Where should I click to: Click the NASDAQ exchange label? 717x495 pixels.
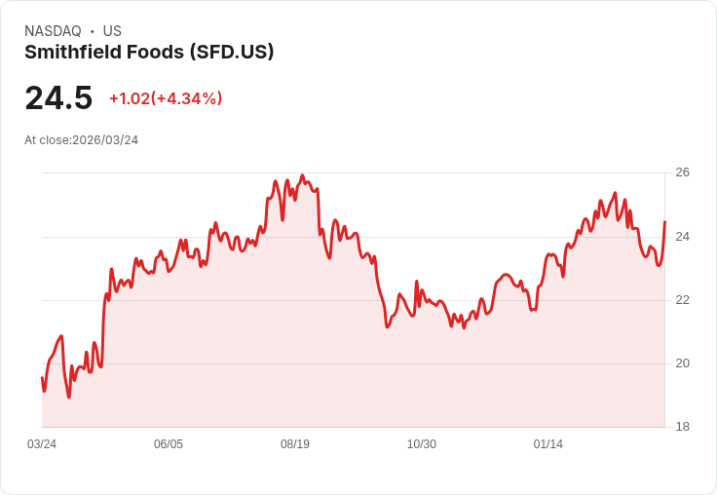pos(53,31)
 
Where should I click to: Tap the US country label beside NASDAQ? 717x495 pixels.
pos(112,31)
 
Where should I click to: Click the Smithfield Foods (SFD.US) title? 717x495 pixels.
pos(149,53)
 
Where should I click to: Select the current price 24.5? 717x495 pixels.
pos(58,98)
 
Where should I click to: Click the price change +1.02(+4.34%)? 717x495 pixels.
pos(166,98)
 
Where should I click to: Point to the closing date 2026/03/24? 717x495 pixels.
pos(105,140)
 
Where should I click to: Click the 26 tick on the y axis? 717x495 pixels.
pos(682,172)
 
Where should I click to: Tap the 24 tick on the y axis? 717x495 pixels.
pos(682,237)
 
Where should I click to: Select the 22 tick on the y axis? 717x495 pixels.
pos(682,300)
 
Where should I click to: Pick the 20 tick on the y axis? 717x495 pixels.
pos(682,363)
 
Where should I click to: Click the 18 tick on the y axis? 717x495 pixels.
pos(682,427)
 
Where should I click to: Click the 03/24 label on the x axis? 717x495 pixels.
pos(42,444)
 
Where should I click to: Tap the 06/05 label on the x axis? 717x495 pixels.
pos(169,444)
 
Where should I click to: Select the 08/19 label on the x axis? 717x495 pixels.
pos(295,444)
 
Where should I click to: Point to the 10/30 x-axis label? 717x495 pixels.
pos(422,444)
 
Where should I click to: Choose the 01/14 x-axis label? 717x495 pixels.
pos(548,444)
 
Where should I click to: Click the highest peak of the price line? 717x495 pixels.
pos(302,176)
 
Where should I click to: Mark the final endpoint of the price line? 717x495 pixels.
pos(664,222)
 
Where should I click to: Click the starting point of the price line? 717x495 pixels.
pos(42,378)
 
